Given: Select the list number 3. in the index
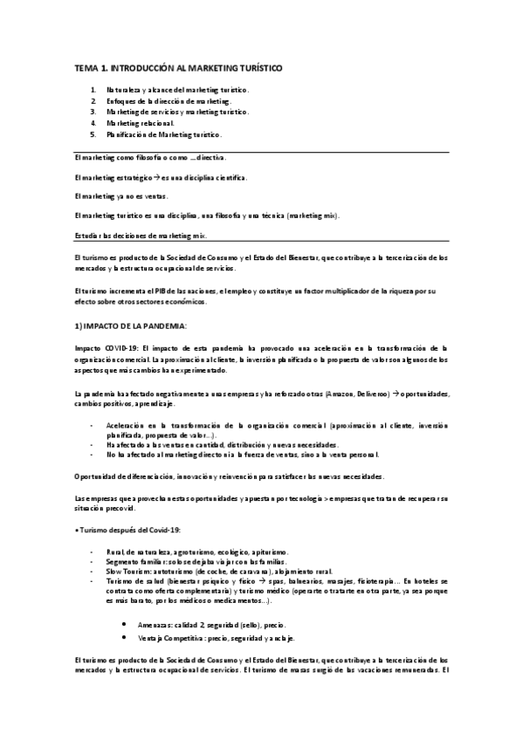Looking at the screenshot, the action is (x=93, y=113).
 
